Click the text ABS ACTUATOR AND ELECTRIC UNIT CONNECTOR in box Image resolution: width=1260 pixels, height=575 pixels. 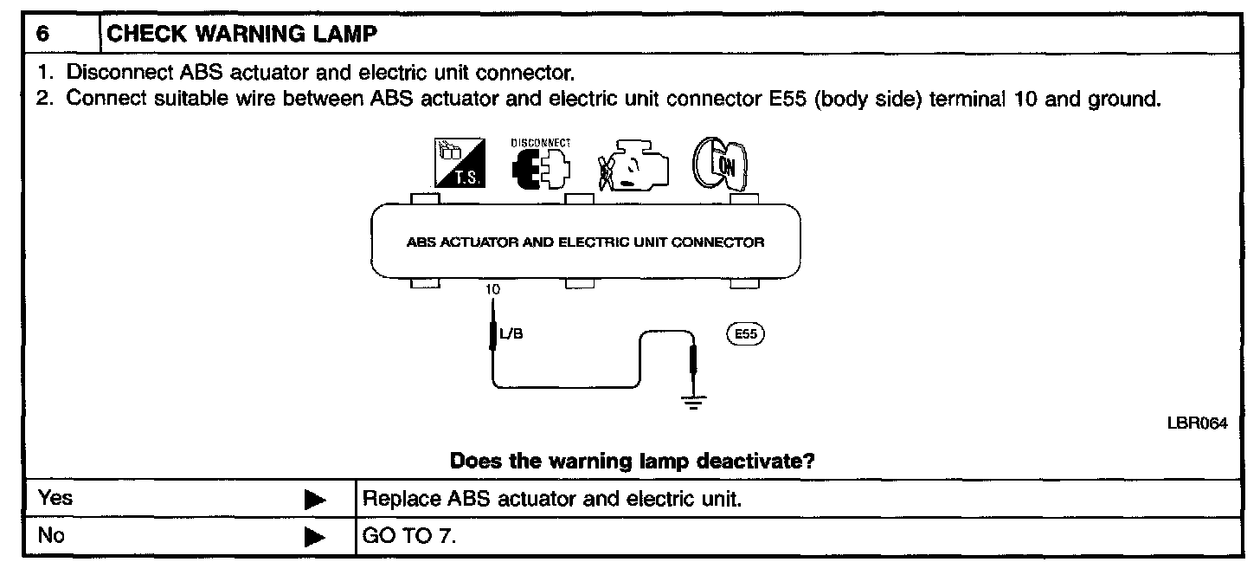click(585, 242)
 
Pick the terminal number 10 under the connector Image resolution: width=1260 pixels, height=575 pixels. click(492, 290)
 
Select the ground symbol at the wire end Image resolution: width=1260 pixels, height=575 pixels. click(692, 402)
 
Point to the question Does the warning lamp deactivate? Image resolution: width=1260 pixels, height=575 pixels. click(632, 461)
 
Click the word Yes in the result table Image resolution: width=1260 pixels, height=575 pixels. click(56, 499)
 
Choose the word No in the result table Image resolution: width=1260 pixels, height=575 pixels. click(52, 536)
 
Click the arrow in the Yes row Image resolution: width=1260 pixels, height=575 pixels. click(316, 500)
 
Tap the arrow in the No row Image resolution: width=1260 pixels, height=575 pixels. click(316, 537)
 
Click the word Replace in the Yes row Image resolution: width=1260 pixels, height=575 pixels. click(394, 500)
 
